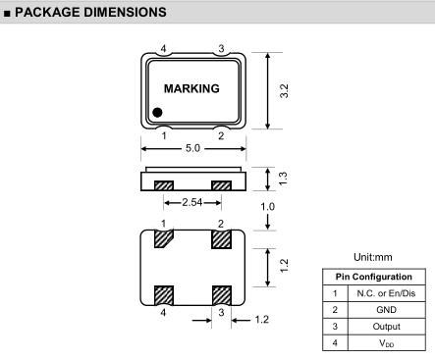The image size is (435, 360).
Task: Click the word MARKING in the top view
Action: pos(191,88)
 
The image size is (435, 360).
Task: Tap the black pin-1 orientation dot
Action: pos(157,113)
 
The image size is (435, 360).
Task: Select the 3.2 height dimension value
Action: pos(284,90)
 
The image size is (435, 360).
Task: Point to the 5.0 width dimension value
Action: pos(192,148)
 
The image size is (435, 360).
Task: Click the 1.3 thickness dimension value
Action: pos(283,179)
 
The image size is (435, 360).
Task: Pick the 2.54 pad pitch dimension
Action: pos(192,202)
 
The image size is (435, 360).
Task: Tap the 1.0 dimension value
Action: pos(267,207)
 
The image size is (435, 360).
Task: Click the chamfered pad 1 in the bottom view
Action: pos(163,239)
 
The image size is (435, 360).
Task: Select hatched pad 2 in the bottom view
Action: pos(222,239)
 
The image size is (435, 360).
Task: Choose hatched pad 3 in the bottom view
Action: pos(222,295)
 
